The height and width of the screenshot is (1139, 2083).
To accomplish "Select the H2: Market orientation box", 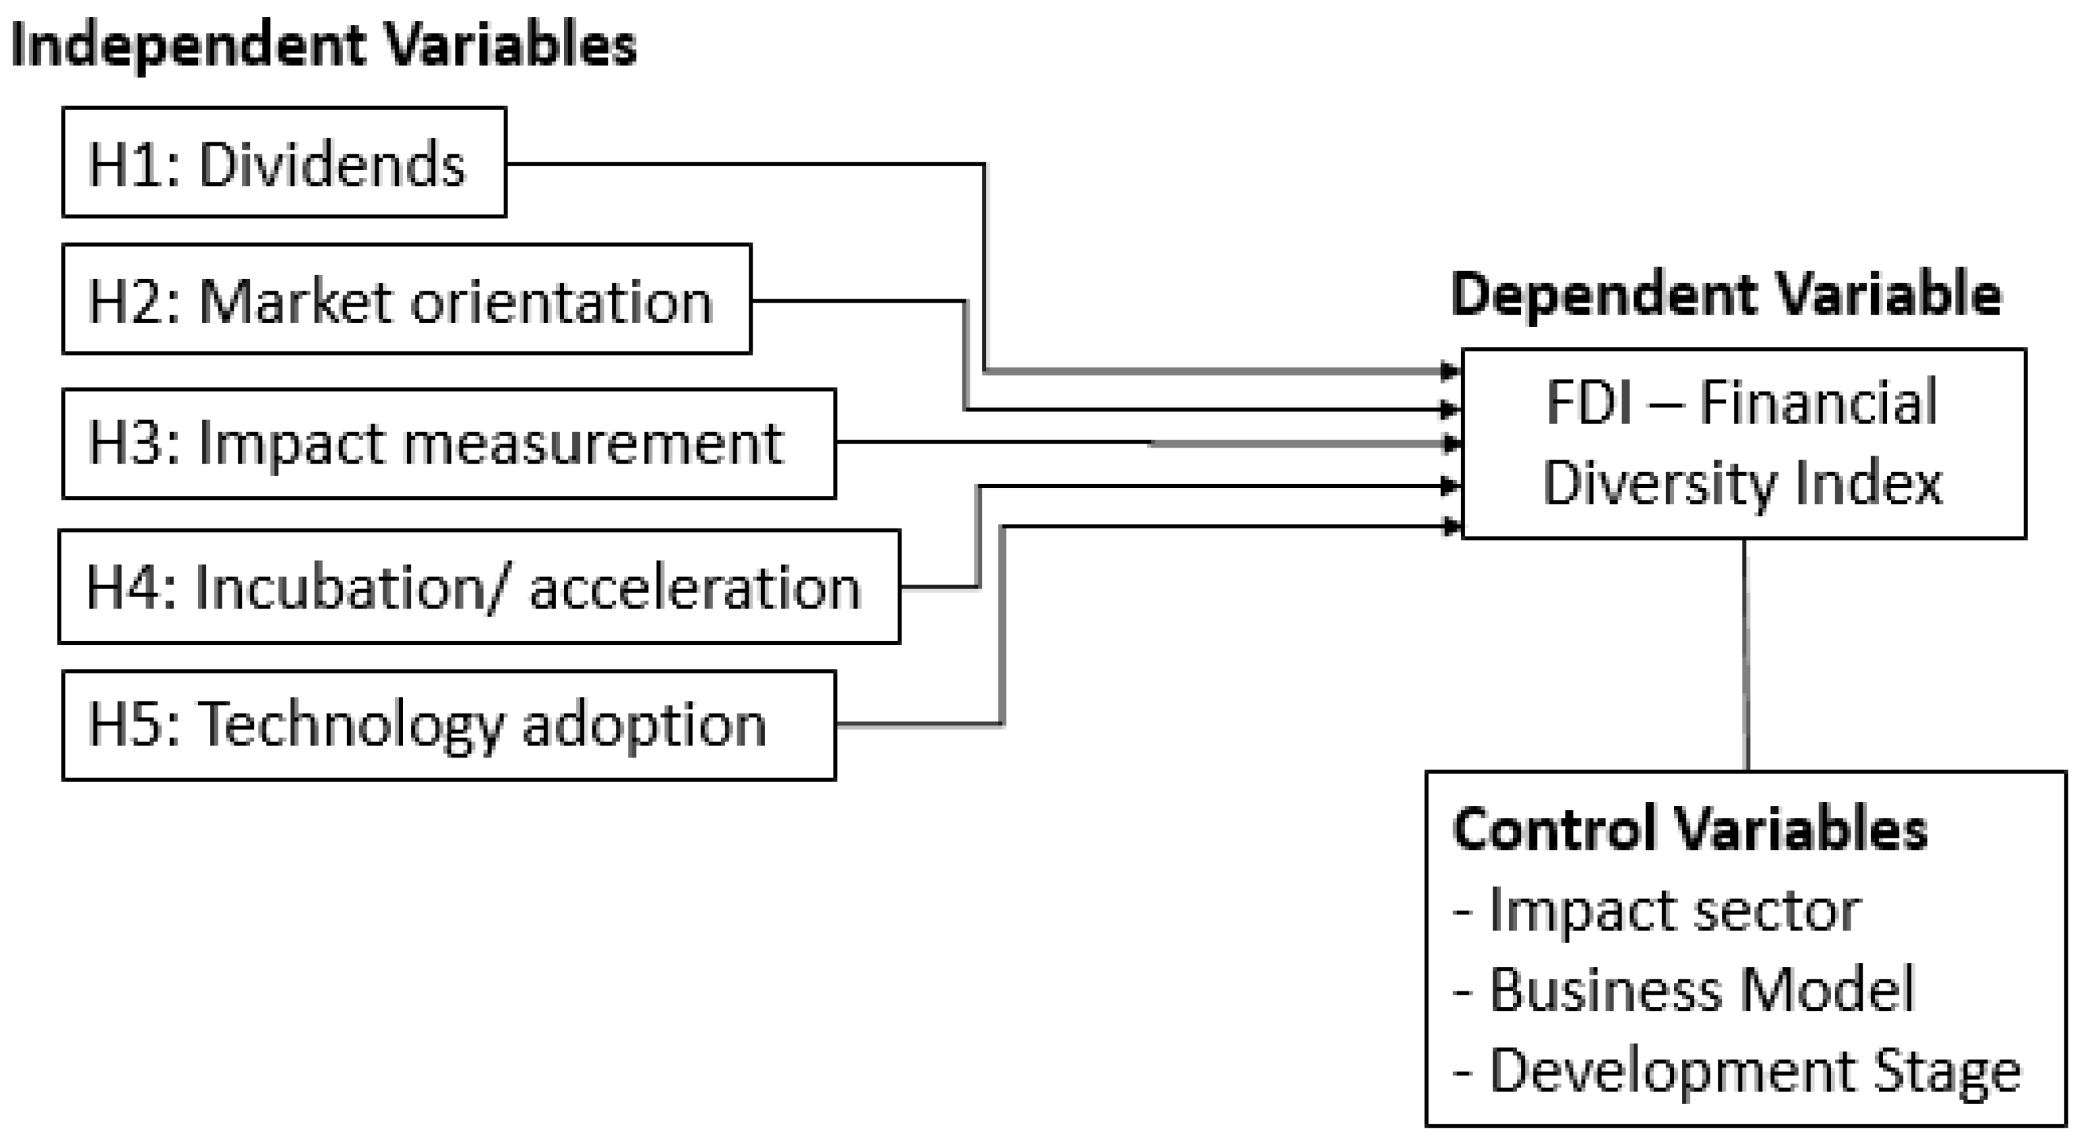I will [406, 299].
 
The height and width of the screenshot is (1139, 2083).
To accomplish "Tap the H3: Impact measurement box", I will [449, 443].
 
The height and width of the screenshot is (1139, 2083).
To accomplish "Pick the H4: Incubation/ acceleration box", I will [479, 587].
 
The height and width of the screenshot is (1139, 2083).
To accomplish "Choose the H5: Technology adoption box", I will [449, 725].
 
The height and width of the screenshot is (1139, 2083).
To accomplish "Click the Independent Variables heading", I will [324, 45].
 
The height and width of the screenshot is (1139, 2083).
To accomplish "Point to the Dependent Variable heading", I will [1726, 295].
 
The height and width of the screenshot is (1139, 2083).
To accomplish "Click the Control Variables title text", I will [1690, 830].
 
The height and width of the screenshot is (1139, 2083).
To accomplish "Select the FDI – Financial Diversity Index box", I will [1743, 443].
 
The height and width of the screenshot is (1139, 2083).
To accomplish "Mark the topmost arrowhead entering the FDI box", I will [1451, 372].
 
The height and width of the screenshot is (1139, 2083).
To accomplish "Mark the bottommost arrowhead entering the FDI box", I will [1451, 526].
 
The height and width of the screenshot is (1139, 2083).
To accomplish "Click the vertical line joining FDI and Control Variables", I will [1747, 655].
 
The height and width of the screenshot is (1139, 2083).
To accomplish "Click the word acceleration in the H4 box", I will [696, 588].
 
